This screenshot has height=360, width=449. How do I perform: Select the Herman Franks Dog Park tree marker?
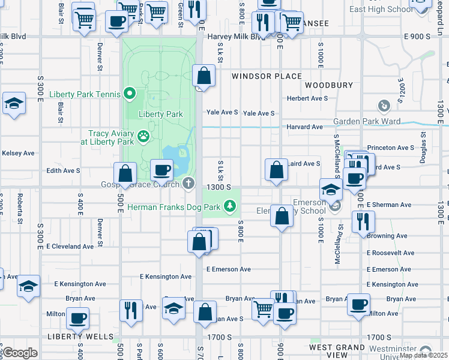click(x=229, y=207)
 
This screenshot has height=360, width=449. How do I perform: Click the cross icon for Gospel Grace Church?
click(x=188, y=183)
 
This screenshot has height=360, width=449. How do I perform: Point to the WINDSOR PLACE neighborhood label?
click(x=267, y=76)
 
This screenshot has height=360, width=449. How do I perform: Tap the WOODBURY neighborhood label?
click(x=329, y=85)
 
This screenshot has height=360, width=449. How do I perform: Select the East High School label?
click(x=381, y=9)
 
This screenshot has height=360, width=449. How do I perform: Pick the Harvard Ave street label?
click(x=304, y=127)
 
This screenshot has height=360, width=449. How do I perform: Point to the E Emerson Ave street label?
click(x=228, y=269)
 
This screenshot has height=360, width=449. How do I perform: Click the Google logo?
click(x=20, y=353)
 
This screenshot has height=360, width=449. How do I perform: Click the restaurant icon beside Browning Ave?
click(x=363, y=221)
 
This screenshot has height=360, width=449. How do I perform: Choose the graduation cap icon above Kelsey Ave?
click(x=13, y=103)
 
